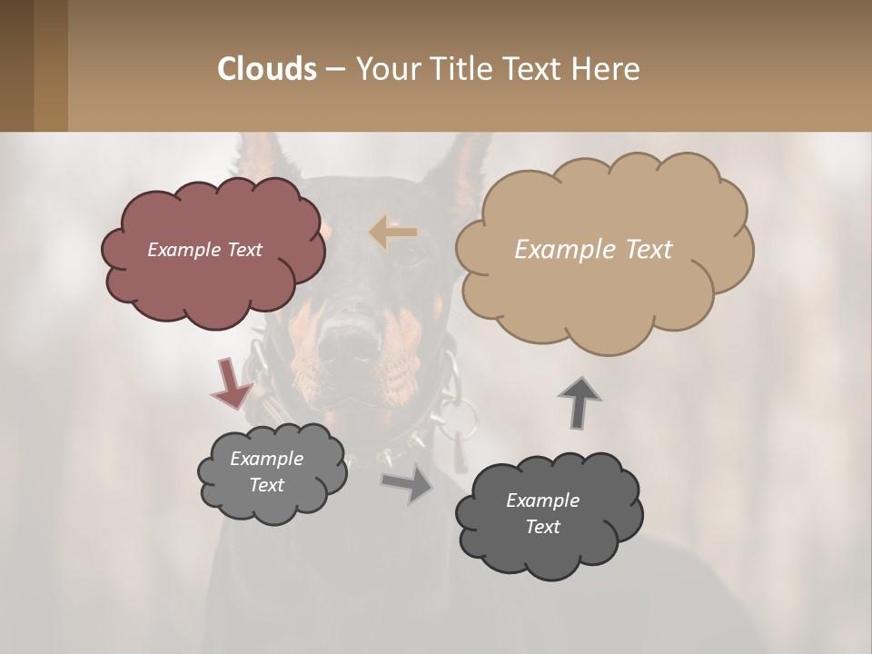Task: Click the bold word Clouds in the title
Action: [267, 69]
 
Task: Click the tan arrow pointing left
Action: [392, 233]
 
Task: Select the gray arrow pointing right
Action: [408, 484]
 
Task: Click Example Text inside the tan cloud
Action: [593, 250]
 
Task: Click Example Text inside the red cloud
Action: [204, 250]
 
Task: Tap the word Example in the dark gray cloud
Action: [542, 500]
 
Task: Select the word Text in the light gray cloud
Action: [266, 485]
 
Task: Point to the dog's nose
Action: [351, 342]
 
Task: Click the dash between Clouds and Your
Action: [335, 70]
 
